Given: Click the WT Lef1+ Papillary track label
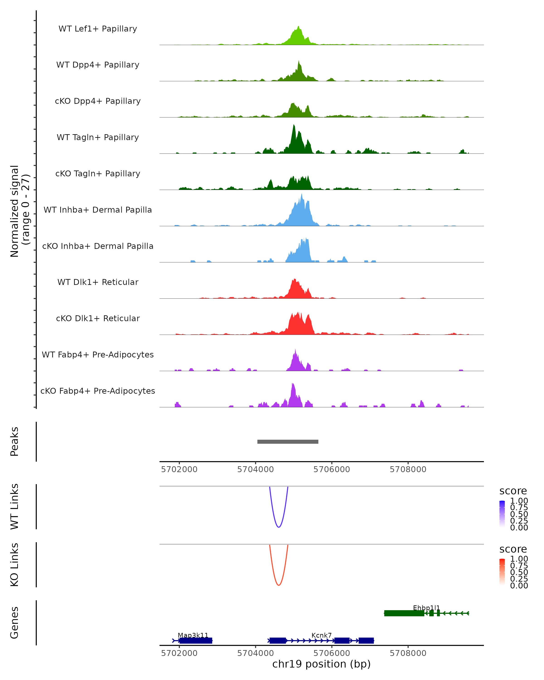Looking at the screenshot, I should click(98, 29).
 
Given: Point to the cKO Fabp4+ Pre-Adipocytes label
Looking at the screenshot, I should click(98, 391).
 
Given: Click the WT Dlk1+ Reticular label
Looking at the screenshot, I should click(98, 282).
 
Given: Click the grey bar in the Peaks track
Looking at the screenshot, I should click(288, 442).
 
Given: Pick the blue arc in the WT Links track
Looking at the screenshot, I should click(279, 527).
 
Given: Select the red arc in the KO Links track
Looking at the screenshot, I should click(279, 585).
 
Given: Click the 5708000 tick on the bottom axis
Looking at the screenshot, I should click(408, 653).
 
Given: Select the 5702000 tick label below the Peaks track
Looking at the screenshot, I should click(179, 469).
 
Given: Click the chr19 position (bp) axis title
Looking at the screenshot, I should click(321, 664).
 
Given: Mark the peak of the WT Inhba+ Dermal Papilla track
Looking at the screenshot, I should click(302, 195).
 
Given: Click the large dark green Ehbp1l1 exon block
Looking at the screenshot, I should click(404, 613).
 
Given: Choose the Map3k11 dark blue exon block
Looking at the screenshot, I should click(196, 641).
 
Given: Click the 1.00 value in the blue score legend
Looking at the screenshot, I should click(519, 501).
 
